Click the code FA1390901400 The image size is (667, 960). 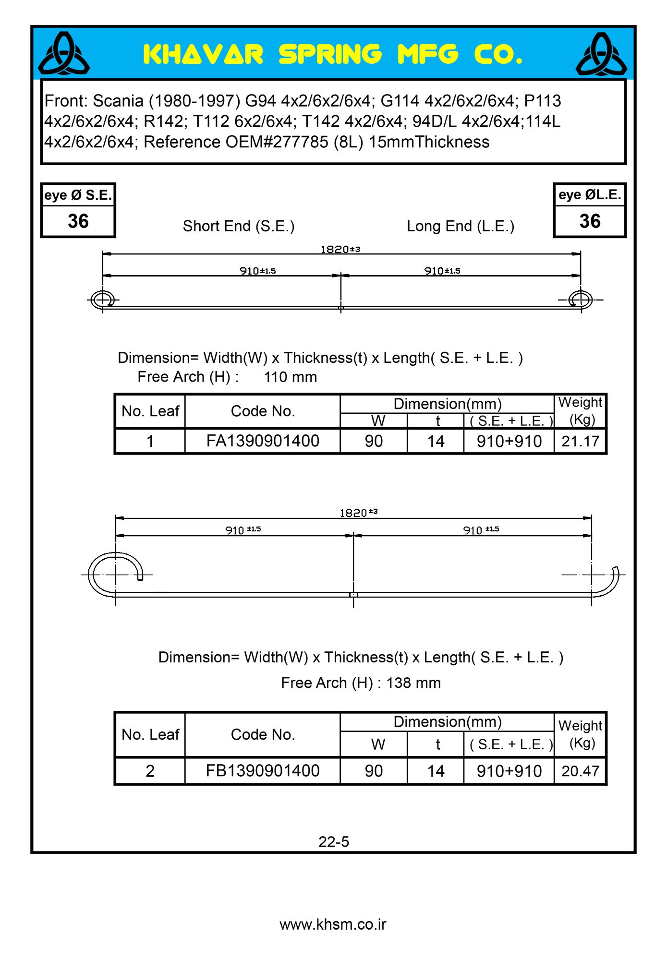pyautogui.click(x=263, y=441)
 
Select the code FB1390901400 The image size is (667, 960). pyautogui.click(x=263, y=771)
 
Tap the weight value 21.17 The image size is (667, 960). pyautogui.click(x=580, y=441)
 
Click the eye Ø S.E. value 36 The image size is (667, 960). pyautogui.click(x=78, y=221)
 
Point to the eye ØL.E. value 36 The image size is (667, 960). pyautogui.click(x=590, y=221)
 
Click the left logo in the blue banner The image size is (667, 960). pyautogui.click(x=64, y=54)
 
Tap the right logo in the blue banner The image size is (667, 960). pyautogui.click(x=601, y=54)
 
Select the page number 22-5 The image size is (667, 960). pyautogui.click(x=334, y=842)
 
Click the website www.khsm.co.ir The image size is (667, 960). pyautogui.click(x=333, y=924)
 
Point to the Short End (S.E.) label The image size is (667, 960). pyautogui.click(x=239, y=226)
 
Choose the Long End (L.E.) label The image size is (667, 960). pyautogui.click(x=461, y=226)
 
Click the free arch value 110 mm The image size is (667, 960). pyautogui.click(x=290, y=377)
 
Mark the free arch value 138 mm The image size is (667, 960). pyautogui.click(x=413, y=683)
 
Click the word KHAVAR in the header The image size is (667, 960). pyautogui.click(x=203, y=54)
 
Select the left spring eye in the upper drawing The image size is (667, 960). pyautogui.click(x=103, y=300)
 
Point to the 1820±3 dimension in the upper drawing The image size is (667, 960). pyautogui.click(x=340, y=249)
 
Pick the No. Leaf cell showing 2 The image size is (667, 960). pyautogui.click(x=150, y=771)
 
